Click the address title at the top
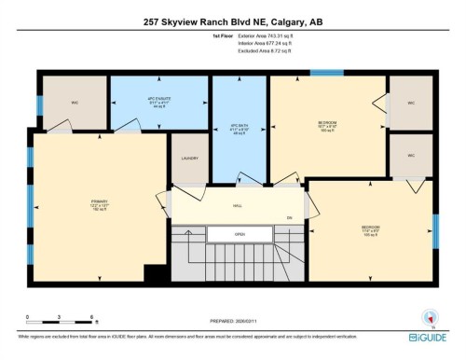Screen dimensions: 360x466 232,22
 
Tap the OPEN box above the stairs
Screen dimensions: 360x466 240,234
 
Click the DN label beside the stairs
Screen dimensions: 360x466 289,218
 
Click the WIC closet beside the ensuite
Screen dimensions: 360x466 74,103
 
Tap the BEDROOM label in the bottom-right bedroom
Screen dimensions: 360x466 370,228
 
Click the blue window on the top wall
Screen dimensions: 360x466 326,73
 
